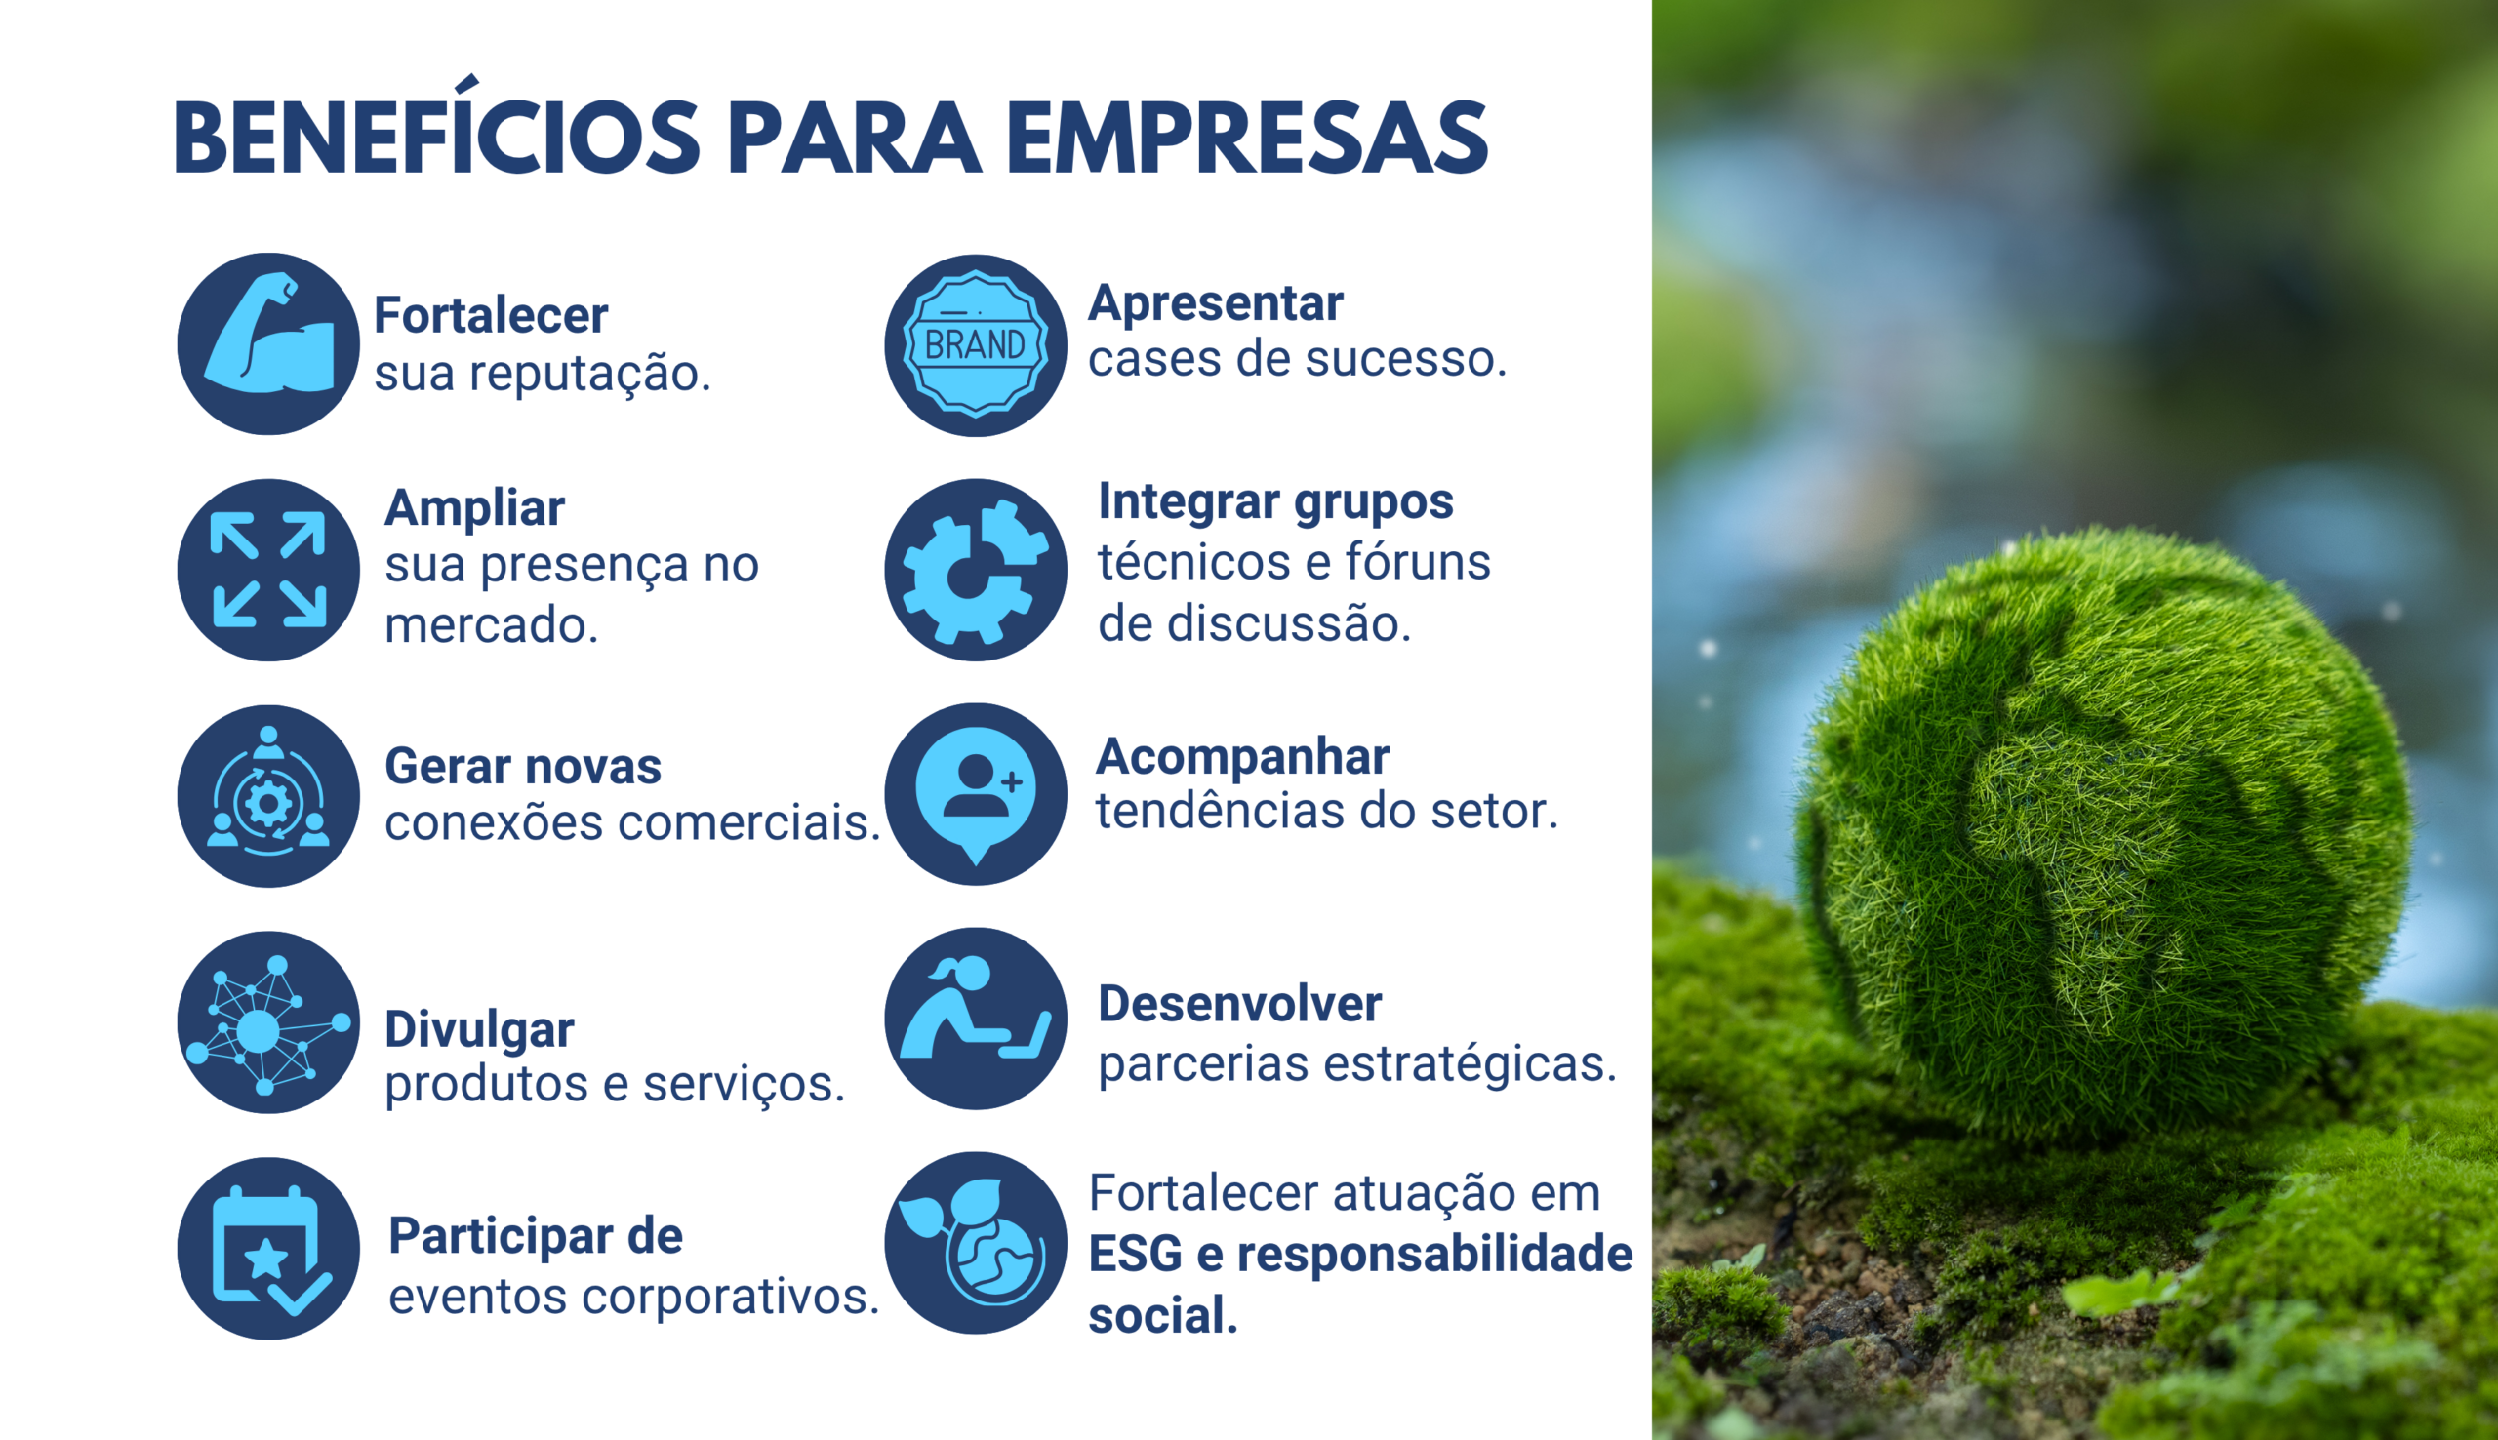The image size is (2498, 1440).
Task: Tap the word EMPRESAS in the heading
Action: click(x=1247, y=138)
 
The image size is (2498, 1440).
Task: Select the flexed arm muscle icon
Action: click(x=268, y=343)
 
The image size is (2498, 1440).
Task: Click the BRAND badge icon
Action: click(x=975, y=345)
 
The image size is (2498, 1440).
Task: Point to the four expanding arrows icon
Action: click(x=268, y=570)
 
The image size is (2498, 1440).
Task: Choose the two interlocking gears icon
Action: click(x=975, y=570)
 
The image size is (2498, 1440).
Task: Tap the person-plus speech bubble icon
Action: click(x=975, y=794)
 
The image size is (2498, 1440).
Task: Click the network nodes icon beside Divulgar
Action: click(x=268, y=1021)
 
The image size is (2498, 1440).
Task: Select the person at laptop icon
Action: click(x=975, y=1019)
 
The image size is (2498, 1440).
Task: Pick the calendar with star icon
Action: click(x=268, y=1248)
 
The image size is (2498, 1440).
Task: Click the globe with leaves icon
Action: click(x=975, y=1243)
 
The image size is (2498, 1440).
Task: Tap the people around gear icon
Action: click(x=268, y=796)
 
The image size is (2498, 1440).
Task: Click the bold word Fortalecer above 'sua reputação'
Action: click(x=491, y=315)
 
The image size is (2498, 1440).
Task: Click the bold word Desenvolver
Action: click(x=1239, y=1004)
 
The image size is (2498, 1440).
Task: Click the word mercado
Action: click(x=492, y=625)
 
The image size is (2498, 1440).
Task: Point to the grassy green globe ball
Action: click(x=2102, y=831)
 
